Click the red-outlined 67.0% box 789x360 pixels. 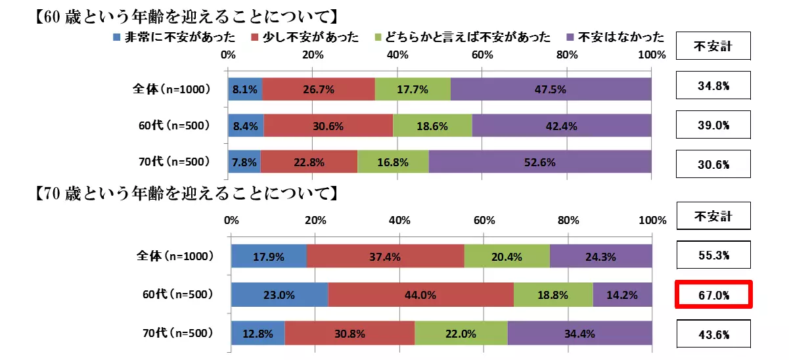tap(713, 295)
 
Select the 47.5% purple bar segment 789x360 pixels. tap(551, 89)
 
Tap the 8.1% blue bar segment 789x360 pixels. tap(245, 89)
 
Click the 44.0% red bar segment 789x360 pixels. tap(420, 295)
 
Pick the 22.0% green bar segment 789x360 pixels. tap(461, 334)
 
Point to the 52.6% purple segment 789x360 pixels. tap(539, 162)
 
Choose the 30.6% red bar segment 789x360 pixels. tap(328, 125)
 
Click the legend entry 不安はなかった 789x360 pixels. tap(614, 37)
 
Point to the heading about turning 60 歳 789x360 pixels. tap(185, 14)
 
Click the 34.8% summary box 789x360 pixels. tap(713, 85)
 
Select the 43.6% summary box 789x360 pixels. tap(713, 334)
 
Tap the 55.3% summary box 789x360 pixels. tap(713, 256)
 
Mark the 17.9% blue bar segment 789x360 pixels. tap(269, 257)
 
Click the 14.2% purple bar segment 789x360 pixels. tap(622, 295)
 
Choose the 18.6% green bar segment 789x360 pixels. tap(432, 125)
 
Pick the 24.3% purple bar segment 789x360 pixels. tap(600, 257)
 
